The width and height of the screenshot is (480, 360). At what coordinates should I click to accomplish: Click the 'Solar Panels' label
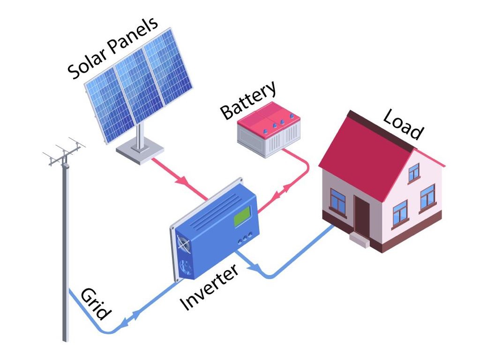pos(112,49)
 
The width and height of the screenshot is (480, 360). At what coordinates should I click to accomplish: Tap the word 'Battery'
pos(248,101)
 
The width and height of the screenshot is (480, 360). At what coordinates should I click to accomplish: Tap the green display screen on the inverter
pos(242,216)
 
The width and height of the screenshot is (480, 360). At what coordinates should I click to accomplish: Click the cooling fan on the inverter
pos(182,243)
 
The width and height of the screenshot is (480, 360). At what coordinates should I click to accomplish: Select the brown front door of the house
pos(361,216)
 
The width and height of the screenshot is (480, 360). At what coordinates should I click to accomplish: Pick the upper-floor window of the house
pos(414,172)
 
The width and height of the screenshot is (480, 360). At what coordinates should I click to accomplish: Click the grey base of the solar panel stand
pos(140,152)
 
